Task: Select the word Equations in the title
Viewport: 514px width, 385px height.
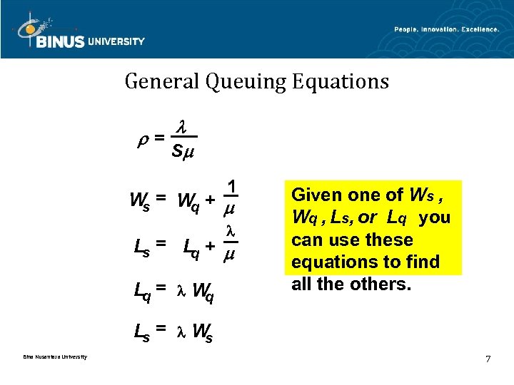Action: coord(340,81)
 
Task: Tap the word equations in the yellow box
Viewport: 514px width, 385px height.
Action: coord(329,262)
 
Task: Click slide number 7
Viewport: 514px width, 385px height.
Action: coord(488,358)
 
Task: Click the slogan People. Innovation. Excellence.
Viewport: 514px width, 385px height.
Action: coord(446,29)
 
